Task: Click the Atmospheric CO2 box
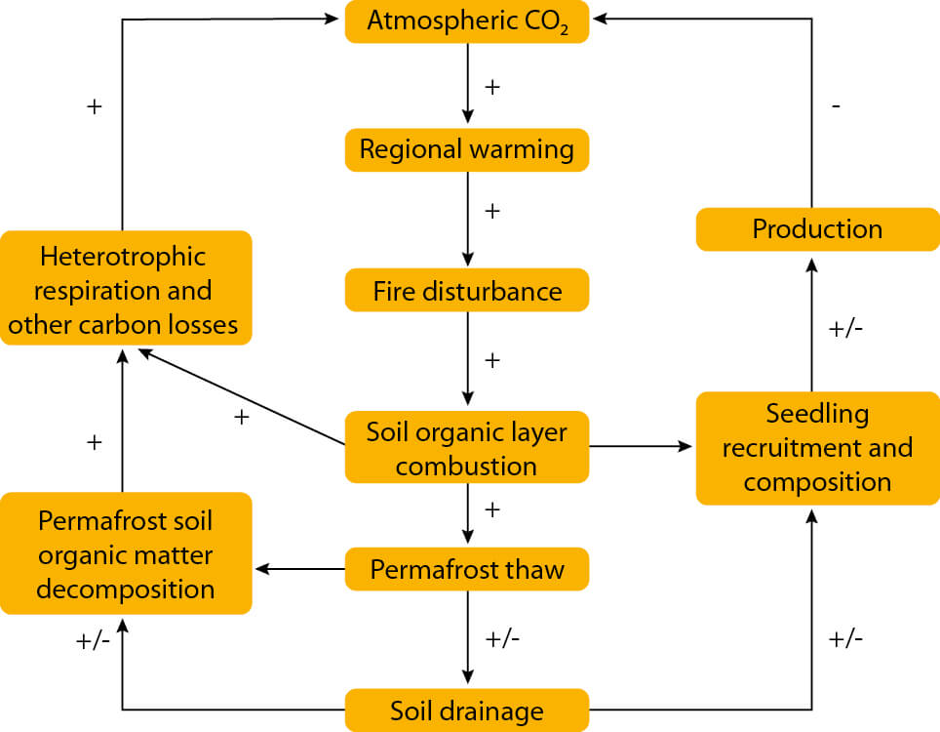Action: click(467, 21)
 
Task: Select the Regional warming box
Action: click(467, 150)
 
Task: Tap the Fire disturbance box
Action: click(467, 291)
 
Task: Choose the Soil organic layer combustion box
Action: click(467, 447)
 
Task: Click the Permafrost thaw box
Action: click(467, 569)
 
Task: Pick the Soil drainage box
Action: click(467, 710)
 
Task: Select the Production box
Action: click(817, 229)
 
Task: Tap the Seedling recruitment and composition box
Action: click(817, 448)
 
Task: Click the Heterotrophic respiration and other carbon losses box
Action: click(126, 289)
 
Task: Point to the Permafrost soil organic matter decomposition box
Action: click(126, 554)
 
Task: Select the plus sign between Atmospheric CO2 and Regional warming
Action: click(492, 87)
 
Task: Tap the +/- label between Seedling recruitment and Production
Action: click(845, 329)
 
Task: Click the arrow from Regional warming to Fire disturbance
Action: click(468, 220)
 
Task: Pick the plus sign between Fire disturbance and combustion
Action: click(492, 360)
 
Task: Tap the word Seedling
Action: click(817, 414)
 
